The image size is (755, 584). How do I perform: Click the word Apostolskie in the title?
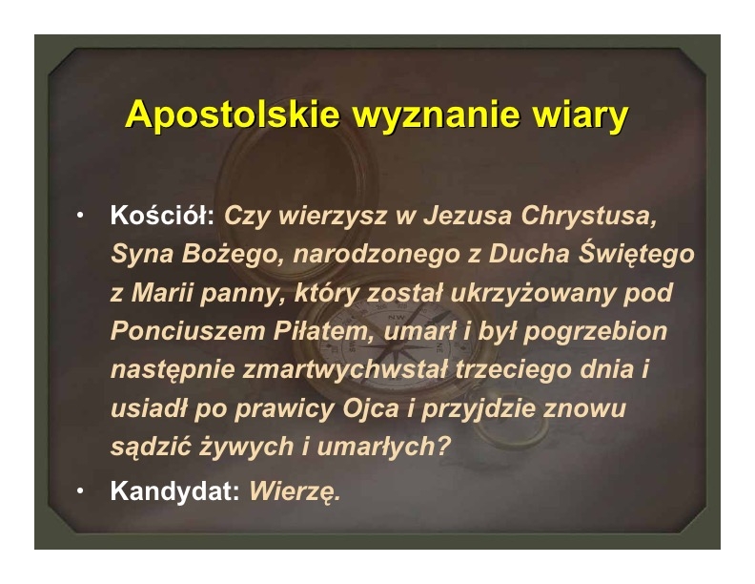(x=233, y=115)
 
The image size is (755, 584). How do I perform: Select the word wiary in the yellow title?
(x=581, y=115)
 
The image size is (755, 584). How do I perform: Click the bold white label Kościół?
(x=162, y=215)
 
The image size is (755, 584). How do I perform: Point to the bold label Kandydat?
(x=174, y=491)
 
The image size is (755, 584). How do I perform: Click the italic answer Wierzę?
(x=295, y=492)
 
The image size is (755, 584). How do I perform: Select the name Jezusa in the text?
(x=467, y=216)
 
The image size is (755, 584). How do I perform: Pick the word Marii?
(x=161, y=293)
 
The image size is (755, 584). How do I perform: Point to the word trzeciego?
(x=513, y=369)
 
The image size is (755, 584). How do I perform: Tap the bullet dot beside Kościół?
(x=80, y=215)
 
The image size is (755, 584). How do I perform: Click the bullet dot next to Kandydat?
(x=80, y=491)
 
